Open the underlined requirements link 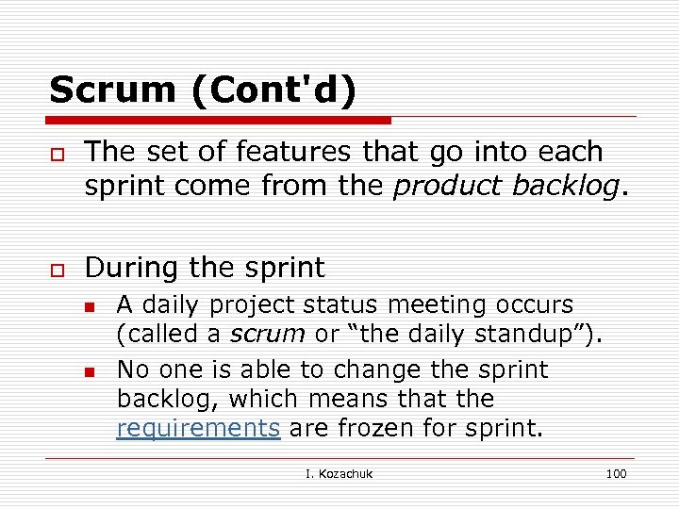(198, 429)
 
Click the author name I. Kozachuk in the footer (339, 473)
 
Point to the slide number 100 (616, 473)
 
